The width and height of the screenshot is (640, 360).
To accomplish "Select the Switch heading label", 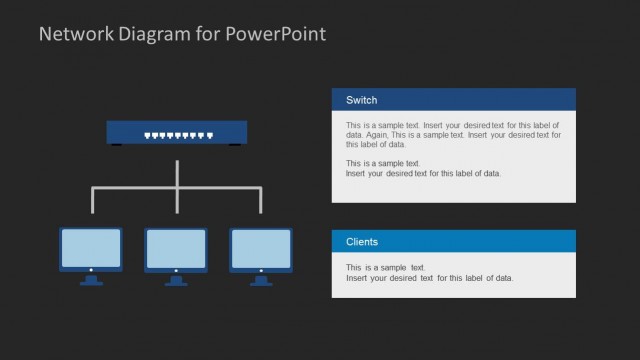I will coord(361,100).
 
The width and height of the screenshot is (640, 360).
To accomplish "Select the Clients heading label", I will coord(362,242).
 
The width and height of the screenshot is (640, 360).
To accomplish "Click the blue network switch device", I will coord(178,133).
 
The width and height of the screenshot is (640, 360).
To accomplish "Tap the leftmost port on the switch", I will coord(148,134).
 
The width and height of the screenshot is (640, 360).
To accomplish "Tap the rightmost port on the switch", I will coord(210,134).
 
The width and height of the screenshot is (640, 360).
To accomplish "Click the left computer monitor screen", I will coord(91,247).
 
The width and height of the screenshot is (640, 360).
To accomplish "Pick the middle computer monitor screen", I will coord(176,247).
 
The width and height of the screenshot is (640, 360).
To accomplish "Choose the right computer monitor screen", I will coord(261,247).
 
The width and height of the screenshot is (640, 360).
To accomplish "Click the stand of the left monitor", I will coord(91,280).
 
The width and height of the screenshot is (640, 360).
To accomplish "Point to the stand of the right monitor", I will coord(261,280).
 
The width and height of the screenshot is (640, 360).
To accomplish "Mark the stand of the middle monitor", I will coord(176,280).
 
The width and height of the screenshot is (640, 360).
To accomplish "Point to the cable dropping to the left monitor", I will coord(93,200).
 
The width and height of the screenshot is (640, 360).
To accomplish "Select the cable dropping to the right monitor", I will coord(262,200).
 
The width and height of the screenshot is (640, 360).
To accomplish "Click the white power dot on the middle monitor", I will coord(176,269).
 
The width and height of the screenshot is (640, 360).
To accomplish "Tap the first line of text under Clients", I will coord(386,268).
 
